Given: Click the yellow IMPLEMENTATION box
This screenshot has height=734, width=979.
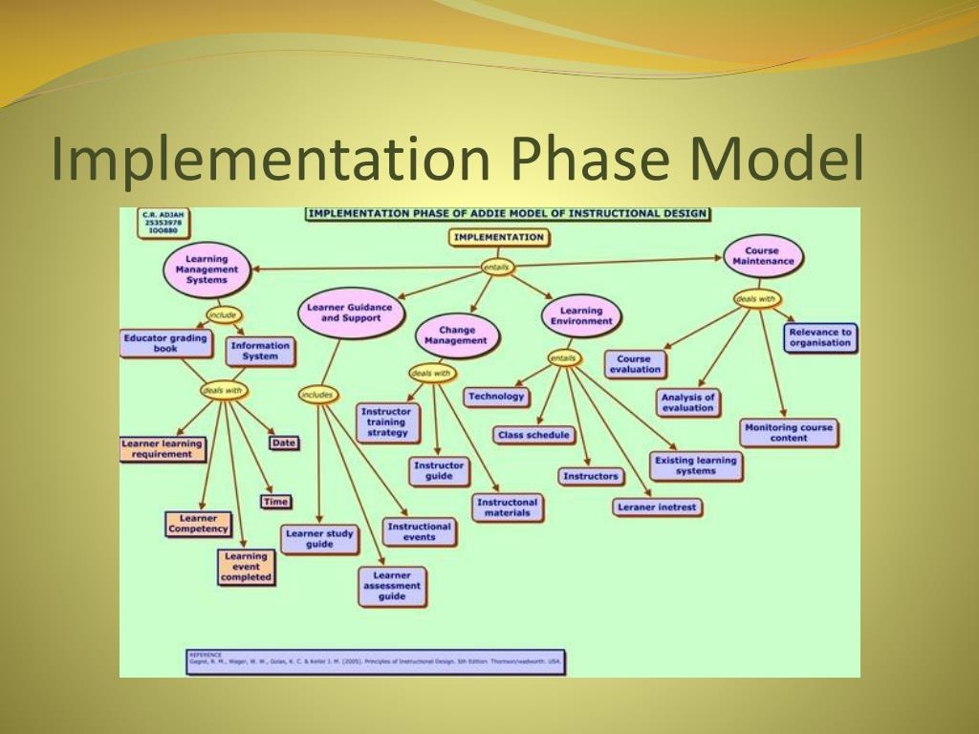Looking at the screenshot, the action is [x=498, y=237].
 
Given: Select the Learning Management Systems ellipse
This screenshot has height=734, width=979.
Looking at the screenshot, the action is [x=207, y=270].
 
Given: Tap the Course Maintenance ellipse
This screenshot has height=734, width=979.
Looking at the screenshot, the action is [x=762, y=256].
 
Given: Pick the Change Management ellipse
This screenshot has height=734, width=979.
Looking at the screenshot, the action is [x=457, y=335].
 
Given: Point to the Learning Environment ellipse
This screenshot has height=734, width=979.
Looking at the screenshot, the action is [x=581, y=316].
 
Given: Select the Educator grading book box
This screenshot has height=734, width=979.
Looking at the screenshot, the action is [x=165, y=343].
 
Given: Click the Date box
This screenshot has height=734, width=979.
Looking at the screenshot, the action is [x=284, y=443].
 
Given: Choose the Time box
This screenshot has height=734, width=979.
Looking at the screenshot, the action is [x=275, y=501].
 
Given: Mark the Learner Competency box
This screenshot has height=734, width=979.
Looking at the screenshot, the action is [x=198, y=524].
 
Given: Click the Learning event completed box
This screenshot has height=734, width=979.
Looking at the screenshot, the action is [x=246, y=567].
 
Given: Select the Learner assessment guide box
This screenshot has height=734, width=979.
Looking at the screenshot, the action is [x=392, y=586].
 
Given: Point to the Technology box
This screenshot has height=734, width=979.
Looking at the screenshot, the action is [x=497, y=396].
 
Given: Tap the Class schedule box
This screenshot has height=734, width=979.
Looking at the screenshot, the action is [x=533, y=435].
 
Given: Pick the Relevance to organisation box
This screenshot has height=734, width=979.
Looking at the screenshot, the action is [x=819, y=337].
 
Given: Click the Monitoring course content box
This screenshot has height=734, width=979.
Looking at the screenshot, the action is [x=789, y=432].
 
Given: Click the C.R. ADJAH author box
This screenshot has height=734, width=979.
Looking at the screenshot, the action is [x=163, y=223].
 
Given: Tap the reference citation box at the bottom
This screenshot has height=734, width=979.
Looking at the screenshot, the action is [x=375, y=661].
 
